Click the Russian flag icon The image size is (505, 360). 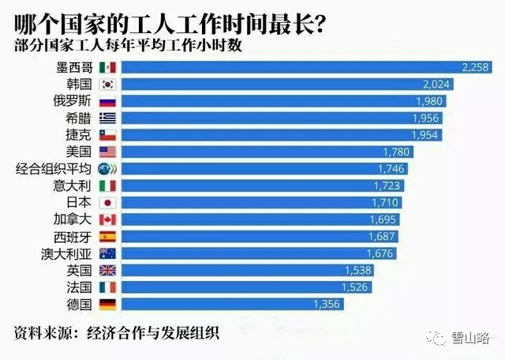[x=108, y=101]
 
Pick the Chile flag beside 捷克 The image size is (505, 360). [x=108, y=135]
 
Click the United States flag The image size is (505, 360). [x=108, y=152]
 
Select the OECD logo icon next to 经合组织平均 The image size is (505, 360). [x=108, y=169]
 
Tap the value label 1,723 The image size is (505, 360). [x=387, y=186]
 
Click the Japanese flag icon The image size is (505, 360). [x=108, y=202]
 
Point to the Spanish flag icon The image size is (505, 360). [x=108, y=235]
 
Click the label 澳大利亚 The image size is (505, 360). [x=67, y=253]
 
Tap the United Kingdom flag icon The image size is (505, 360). [x=108, y=270]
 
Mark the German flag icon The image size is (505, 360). [x=108, y=303]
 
